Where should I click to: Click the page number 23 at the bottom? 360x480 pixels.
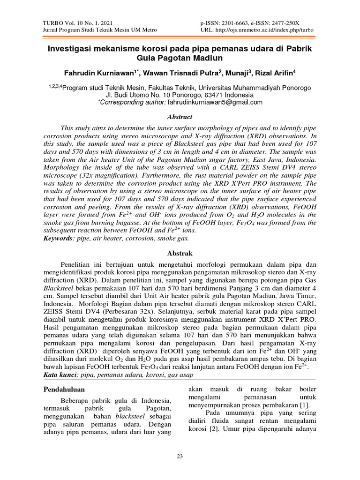[x=180, y=457]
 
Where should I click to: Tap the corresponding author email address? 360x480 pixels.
[x=215, y=102]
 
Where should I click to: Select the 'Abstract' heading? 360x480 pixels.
[x=180, y=117]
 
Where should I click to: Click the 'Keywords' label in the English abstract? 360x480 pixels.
[x=58, y=238]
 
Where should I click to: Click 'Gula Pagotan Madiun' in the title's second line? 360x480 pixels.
[x=180, y=58]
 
